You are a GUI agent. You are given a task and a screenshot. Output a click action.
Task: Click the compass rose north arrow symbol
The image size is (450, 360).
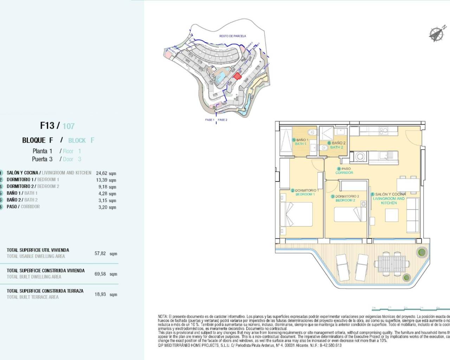coord(437,34)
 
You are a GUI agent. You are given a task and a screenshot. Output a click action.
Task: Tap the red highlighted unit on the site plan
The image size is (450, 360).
coord(238,76)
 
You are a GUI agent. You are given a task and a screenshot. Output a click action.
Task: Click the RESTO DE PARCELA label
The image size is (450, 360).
coord(232,36)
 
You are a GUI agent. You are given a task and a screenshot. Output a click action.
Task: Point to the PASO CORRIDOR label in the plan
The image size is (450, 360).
coord(344,171)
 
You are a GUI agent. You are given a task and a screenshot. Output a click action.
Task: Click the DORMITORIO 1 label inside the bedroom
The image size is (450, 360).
coord(305,192)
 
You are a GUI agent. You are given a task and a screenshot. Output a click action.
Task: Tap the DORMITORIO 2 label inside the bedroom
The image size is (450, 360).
coord(347,198)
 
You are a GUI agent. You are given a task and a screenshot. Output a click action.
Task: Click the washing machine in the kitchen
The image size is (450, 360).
coord(359,156)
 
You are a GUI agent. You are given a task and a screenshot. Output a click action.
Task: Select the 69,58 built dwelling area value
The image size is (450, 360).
coord(100,274)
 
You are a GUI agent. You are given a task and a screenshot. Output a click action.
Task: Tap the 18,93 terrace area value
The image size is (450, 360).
coord(100,294)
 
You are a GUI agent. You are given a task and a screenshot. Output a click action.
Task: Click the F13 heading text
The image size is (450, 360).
coord(47,126)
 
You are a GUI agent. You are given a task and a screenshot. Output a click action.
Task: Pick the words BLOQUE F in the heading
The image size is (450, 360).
coord(38,140)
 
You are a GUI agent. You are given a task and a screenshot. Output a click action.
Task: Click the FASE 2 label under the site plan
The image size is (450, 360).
coord(223,120)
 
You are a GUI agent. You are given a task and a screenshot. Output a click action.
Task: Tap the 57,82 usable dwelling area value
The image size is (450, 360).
coord(100,253)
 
